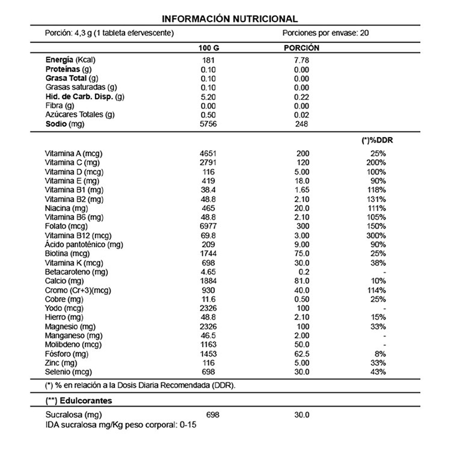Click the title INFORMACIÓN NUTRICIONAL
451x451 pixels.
pyautogui.click(x=230, y=19)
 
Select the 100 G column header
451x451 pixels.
pyautogui.click(x=209, y=48)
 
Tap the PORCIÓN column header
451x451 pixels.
pyautogui.click(x=301, y=48)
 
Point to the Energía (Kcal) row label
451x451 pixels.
pyautogui.click(x=71, y=60)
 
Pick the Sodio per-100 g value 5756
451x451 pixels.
pyautogui.click(x=208, y=124)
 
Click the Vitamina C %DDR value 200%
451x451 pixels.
pyautogui.click(x=376, y=163)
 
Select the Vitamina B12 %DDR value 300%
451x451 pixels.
pyautogui.click(x=376, y=236)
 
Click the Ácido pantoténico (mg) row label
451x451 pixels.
pyautogui.click(x=84, y=245)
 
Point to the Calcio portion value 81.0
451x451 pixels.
pyautogui.click(x=302, y=281)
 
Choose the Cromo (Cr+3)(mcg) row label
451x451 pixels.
pyautogui.click(x=78, y=291)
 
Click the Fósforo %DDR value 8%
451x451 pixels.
pyautogui.click(x=380, y=354)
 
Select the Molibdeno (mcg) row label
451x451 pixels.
pyautogui.click(x=73, y=345)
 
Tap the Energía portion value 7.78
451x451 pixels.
pyautogui.click(x=302, y=60)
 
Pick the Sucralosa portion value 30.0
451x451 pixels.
pyautogui.click(x=302, y=415)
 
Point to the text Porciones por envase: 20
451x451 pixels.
pyautogui.click(x=325, y=33)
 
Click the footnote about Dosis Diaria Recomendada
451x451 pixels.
pyautogui.click(x=140, y=386)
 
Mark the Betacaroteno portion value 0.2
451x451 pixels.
pyautogui.click(x=304, y=272)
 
